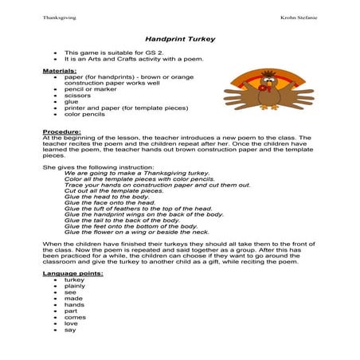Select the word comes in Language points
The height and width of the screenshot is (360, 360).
pyautogui.click(x=75, y=317)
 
